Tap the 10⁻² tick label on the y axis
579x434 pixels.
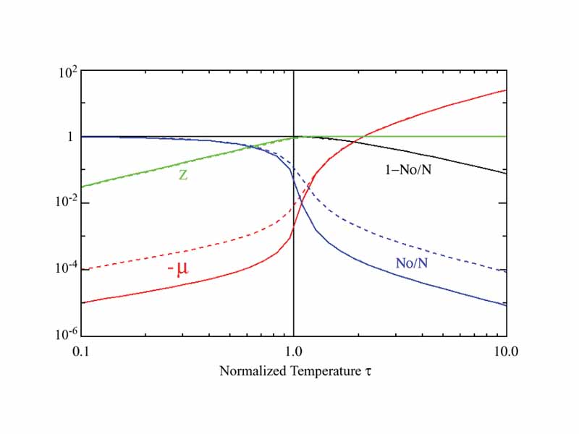pyautogui.click(x=67, y=203)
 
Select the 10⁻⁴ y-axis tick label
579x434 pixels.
pyautogui.click(x=67, y=269)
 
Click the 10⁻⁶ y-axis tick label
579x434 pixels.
pyautogui.click(x=67, y=336)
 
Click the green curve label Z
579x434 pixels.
pyautogui.click(x=183, y=175)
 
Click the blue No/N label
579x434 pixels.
pyautogui.click(x=411, y=263)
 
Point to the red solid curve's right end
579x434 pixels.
pyautogui.click(x=506, y=90)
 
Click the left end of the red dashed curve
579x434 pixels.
pyautogui.click(x=82, y=270)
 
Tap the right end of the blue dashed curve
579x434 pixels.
pyautogui.click(x=506, y=271)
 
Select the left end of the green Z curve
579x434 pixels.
pyautogui.click(x=82, y=187)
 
